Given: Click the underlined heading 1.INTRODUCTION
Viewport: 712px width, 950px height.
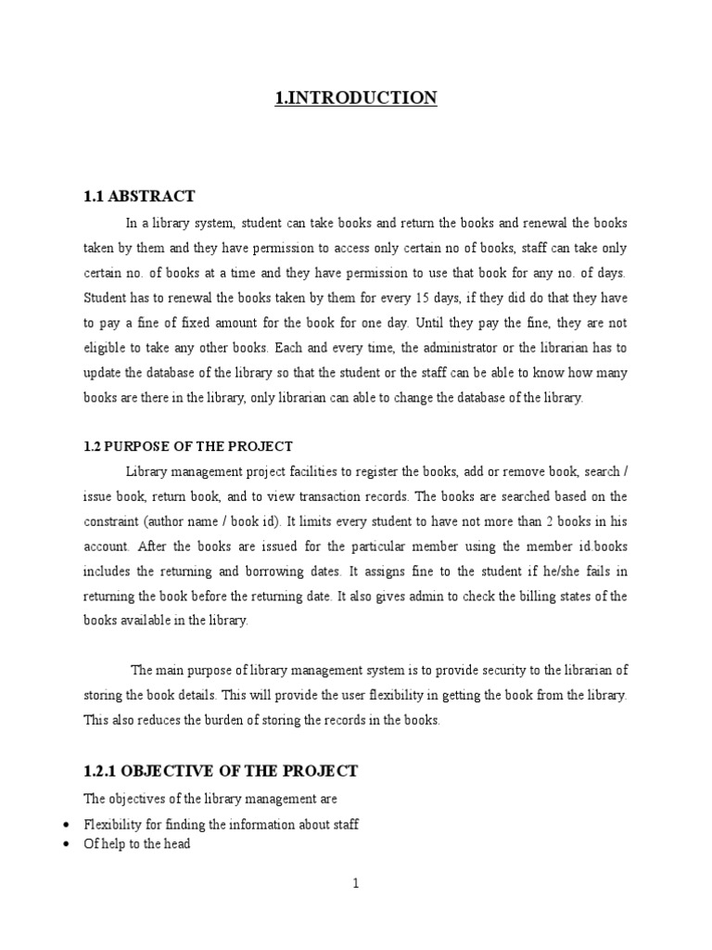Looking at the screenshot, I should (x=355, y=97).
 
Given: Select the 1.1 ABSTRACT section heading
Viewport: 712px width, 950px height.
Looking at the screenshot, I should (x=139, y=196).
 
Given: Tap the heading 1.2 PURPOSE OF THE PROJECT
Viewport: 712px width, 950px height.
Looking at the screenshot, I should (x=188, y=446).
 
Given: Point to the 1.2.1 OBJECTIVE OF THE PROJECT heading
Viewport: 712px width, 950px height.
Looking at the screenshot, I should (x=221, y=771).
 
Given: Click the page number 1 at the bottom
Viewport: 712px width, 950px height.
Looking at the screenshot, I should (x=355, y=884).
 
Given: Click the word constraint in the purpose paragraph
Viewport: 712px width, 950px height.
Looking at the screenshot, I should (x=115, y=521).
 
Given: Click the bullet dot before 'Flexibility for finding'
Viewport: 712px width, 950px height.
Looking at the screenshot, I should (x=62, y=824).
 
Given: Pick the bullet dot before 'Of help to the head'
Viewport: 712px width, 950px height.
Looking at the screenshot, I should (x=62, y=845).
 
